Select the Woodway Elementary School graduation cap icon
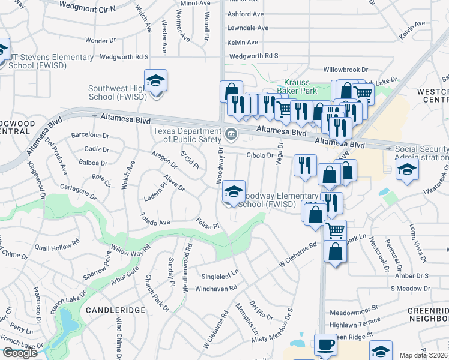coord(234,192)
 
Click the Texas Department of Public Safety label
coord(187,136)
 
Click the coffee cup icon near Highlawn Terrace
coord(325,345)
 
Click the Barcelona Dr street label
coord(90,136)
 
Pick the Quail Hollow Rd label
coord(57,245)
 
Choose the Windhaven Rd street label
coord(217,288)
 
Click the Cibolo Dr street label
coord(260,155)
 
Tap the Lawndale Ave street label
coord(247,28)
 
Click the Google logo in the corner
coord(20,353)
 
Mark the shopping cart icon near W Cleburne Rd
coord(335,230)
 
